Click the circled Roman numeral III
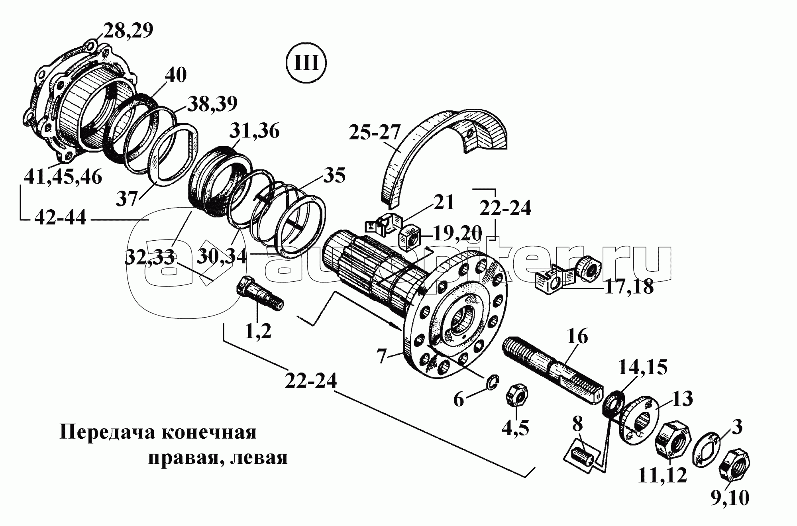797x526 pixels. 306,64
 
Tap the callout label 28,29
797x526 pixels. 128,31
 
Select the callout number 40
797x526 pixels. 175,75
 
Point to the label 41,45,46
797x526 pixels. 63,177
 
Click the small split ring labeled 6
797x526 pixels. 493,381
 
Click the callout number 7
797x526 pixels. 382,356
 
